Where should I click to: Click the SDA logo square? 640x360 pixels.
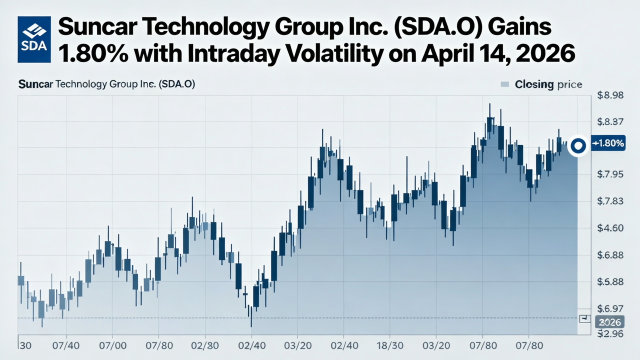pyautogui.click(x=34, y=39)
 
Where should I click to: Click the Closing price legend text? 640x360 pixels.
pyautogui.click(x=548, y=84)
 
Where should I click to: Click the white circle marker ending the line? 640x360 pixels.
pyautogui.click(x=578, y=146)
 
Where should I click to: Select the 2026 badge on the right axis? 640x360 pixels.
pyautogui.click(x=609, y=322)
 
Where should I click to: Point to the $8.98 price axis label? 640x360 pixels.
pyautogui.click(x=610, y=95)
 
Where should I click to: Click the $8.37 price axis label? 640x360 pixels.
pyautogui.click(x=610, y=121)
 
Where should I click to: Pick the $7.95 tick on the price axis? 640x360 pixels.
pyautogui.click(x=610, y=174)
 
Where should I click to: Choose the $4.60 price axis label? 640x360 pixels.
pyautogui.click(x=610, y=228)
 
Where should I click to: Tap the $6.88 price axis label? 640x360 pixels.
pyautogui.click(x=610, y=255)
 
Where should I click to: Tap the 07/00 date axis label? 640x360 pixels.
pyautogui.click(x=112, y=345)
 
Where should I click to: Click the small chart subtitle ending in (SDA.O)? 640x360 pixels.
pyautogui.click(x=106, y=84)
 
